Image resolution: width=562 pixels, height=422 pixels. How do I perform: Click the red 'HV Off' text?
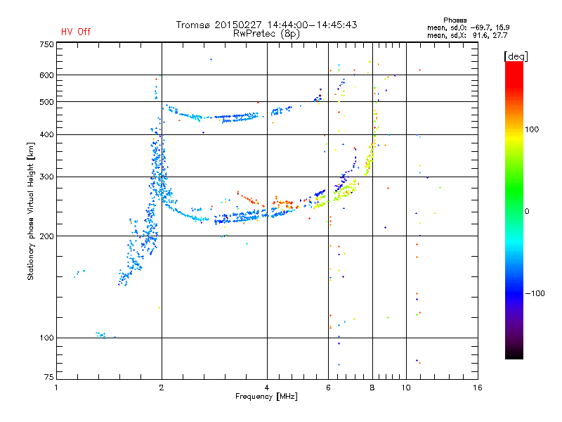click(76, 32)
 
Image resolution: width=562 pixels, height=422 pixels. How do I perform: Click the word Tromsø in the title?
click(192, 25)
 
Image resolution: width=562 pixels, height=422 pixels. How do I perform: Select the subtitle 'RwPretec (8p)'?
click(266, 34)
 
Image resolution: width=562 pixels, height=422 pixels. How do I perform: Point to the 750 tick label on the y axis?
click(47, 44)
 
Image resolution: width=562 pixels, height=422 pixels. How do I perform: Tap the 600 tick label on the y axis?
click(47, 75)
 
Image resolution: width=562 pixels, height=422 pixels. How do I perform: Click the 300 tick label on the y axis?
click(47, 177)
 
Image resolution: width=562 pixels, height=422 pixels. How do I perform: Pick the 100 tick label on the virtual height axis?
click(47, 338)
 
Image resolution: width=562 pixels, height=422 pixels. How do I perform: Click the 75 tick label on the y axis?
click(49, 377)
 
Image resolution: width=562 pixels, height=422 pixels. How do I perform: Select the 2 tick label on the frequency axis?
click(162, 388)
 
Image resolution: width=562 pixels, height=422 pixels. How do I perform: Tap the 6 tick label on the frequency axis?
click(328, 388)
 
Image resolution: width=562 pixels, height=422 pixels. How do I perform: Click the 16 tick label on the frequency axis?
click(478, 388)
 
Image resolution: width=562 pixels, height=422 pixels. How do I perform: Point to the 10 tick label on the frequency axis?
click(406, 388)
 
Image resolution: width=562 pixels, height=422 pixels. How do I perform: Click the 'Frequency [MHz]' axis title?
click(266, 397)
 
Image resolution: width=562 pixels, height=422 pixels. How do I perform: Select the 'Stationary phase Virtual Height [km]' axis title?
click(31, 211)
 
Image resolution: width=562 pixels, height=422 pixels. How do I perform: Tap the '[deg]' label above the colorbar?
click(516, 56)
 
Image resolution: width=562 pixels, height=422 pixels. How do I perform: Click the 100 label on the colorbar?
click(532, 129)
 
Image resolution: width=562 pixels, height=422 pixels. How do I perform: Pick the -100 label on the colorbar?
click(535, 293)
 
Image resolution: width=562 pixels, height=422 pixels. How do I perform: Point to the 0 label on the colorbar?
click(527, 211)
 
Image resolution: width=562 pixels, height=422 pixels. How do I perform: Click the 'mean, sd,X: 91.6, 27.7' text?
click(467, 35)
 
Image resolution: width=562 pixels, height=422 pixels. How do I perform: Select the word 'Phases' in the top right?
click(455, 20)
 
